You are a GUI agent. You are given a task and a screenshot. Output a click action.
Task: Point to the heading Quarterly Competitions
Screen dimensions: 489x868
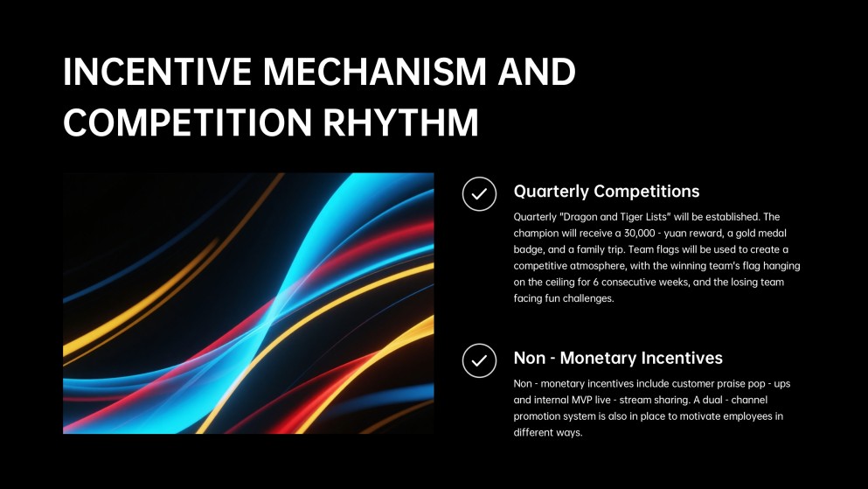[x=607, y=191]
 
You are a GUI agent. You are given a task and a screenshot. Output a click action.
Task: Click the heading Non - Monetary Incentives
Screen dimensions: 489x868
[x=618, y=358]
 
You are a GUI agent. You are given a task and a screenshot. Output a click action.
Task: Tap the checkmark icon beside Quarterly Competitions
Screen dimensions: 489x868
[x=479, y=194]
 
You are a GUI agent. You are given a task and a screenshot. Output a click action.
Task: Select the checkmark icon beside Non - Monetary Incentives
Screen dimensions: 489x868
[x=479, y=360]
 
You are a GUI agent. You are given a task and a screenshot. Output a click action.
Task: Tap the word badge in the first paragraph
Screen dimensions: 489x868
[x=530, y=249]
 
